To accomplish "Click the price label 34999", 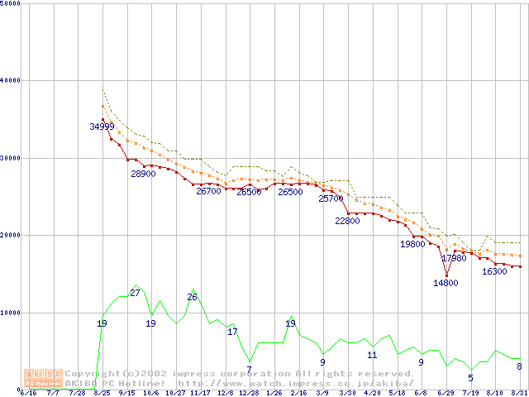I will [x=102, y=127].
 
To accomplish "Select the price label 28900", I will [x=143, y=174].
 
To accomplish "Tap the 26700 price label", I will [x=208, y=191].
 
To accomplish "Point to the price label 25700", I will [x=331, y=198].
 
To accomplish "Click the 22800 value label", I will [x=347, y=221].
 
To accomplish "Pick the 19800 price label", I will [x=412, y=244].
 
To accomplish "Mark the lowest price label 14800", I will [x=446, y=283].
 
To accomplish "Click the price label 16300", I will [x=494, y=271].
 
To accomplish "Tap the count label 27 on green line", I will [x=135, y=293].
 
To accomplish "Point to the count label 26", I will [x=192, y=297].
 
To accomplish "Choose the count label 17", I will [x=232, y=332].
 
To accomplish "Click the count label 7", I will [x=249, y=369].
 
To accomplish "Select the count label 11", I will [x=372, y=355].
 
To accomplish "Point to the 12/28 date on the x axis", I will [x=249, y=392].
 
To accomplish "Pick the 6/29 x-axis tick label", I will [x=446, y=392].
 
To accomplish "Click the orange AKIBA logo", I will [x=43, y=377].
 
